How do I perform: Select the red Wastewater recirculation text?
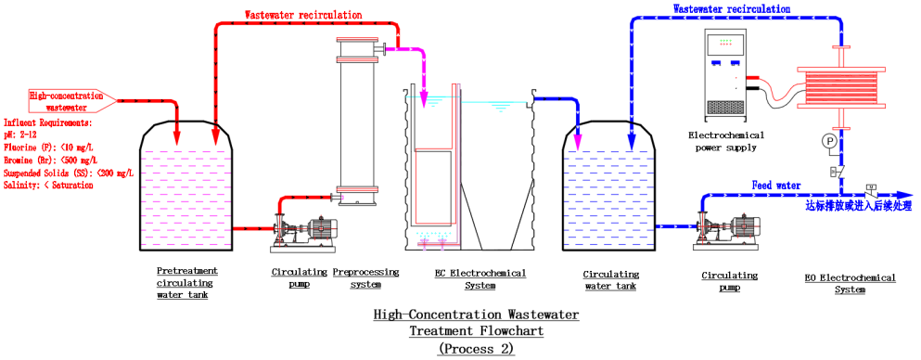303,16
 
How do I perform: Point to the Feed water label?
775,186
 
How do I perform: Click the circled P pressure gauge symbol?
829,140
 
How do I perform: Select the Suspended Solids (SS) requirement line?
70,172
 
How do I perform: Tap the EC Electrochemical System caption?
480,278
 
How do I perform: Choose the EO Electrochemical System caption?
851,283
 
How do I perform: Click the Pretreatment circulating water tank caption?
185,283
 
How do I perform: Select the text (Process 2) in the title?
475,349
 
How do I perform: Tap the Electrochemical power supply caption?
729,141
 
